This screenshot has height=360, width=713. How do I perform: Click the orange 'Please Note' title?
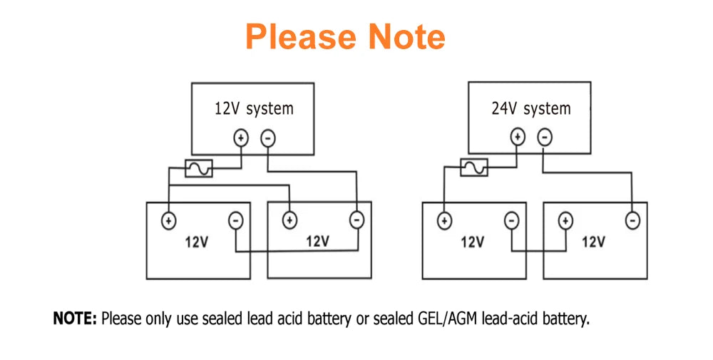[345, 36]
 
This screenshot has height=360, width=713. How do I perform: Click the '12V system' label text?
[254, 109]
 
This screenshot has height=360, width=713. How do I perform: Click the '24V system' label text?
[531, 109]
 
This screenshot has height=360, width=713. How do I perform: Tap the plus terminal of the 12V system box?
[241, 138]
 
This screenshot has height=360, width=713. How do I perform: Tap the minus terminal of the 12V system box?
[268, 138]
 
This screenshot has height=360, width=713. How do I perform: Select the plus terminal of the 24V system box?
[518, 137]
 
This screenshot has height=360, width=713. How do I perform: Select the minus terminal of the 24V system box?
[544, 137]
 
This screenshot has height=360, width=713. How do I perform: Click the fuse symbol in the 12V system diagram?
[198, 168]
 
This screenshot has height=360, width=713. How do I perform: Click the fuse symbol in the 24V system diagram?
[474, 168]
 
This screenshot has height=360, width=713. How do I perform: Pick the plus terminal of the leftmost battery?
[168, 220]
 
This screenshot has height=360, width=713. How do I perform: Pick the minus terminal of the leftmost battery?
[236, 220]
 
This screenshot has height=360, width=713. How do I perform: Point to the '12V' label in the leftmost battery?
[197, 242]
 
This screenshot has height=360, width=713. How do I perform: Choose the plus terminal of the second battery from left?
[289, 220]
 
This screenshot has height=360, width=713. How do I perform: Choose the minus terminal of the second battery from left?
[356, 220]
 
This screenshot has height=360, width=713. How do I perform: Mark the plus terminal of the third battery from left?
[444, 221]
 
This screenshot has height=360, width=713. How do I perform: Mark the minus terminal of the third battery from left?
[512, 221]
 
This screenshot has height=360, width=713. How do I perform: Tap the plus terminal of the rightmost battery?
[565, 221]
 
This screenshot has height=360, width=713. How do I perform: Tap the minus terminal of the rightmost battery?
[632, 221]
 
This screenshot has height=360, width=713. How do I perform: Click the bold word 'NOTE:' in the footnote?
[75, 319]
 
